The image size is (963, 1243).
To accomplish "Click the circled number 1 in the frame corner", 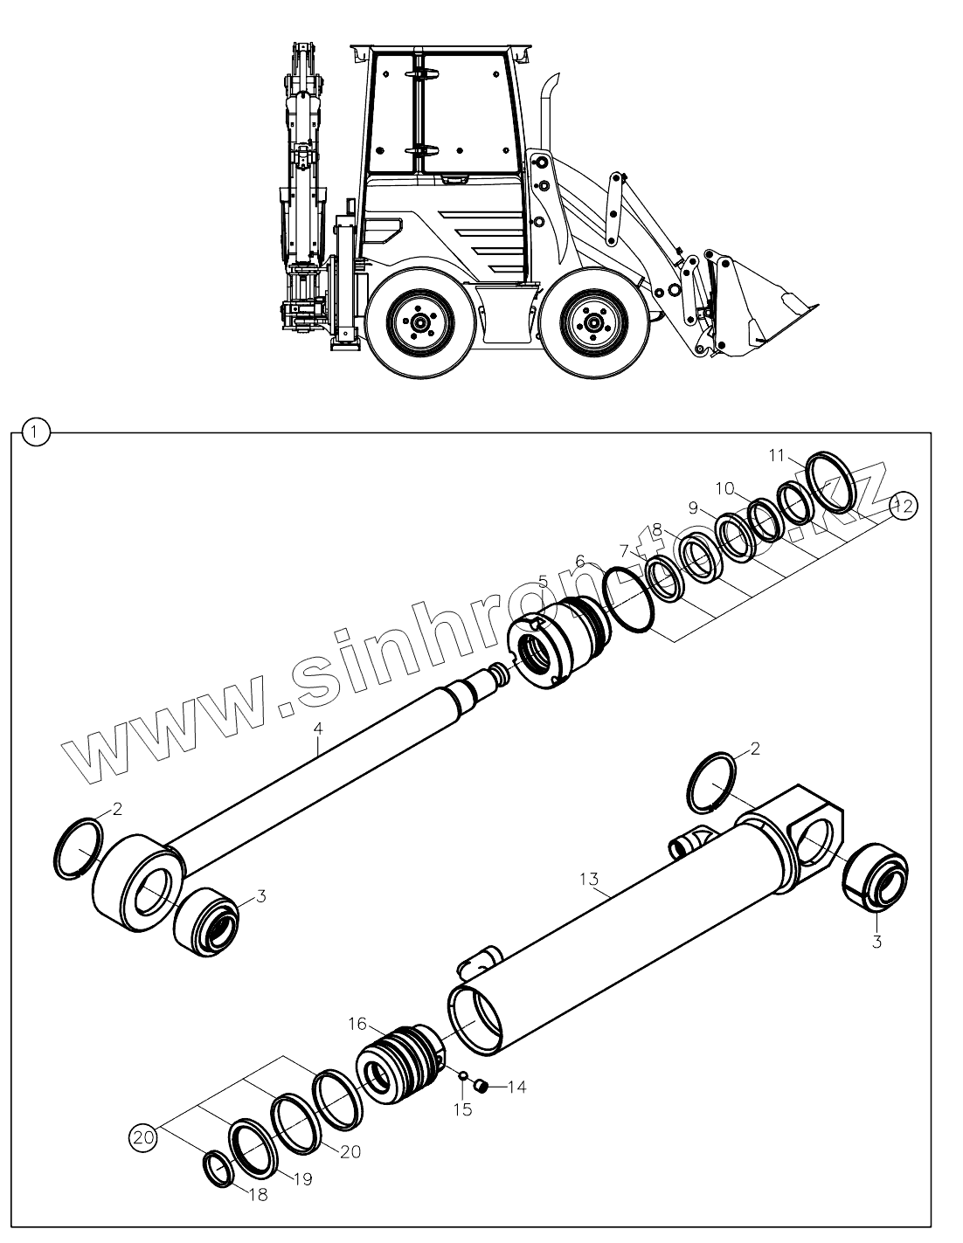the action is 34,431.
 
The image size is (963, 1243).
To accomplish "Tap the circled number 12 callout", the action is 904,506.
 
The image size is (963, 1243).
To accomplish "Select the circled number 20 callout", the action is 142,1137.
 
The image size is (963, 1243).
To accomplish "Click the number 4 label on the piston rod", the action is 319,727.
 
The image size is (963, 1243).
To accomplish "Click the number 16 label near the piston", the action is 358,1025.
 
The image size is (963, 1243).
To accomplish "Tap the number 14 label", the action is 516,1088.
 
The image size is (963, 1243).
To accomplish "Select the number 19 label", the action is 302,1179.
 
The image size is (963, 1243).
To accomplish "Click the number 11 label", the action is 777,455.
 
